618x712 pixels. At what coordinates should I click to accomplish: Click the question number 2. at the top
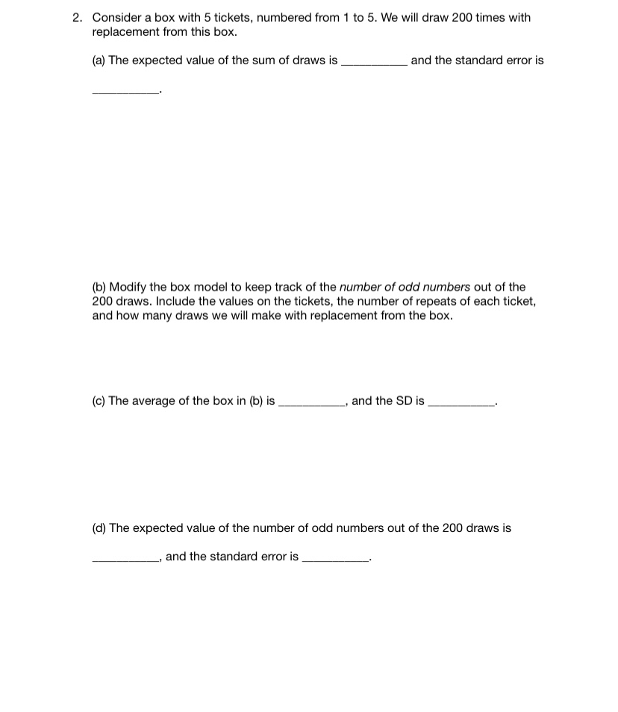tap(78, 17)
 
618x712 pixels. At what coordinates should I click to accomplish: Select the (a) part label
tap(99, 61)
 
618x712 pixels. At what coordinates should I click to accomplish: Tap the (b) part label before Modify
tap(99, 287)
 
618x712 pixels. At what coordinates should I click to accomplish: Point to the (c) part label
tap(99, 401)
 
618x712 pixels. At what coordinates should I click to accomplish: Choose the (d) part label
tap(99, 528)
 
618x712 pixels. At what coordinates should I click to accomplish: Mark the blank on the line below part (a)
tap(125, 93)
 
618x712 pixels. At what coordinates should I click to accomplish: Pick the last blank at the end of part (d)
tap(335, 560)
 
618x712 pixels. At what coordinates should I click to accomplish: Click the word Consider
tap(116, 17)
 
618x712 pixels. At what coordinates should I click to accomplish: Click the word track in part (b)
tap(281, 287)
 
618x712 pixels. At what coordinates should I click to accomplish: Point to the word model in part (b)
tap(202, 287)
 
